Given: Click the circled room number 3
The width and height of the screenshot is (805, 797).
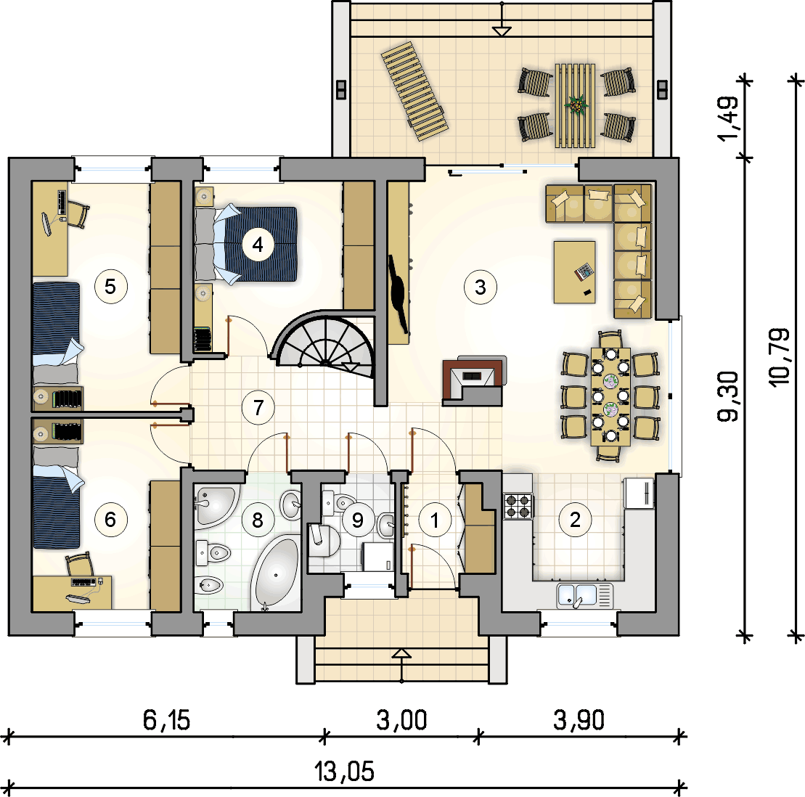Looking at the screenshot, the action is tap(480, 287).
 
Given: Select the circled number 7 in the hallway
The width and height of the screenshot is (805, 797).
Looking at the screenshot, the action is tap(258, 408).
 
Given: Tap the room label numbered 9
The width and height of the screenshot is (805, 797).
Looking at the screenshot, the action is tap(357, 520).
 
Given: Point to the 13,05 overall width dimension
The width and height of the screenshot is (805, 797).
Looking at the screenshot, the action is tap(345, 772).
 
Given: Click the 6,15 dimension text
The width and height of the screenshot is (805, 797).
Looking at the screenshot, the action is tap(166, 719).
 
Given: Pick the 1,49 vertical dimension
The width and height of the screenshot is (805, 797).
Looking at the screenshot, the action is tap(729, 118).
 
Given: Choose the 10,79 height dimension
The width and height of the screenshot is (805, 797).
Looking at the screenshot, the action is tap(780, 357).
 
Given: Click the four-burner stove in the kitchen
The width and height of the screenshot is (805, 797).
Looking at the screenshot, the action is tap(518, 505).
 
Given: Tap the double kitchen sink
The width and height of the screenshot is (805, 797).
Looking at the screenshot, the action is tap(585, 596).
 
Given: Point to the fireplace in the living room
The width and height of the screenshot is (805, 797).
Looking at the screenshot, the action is tap(473, 380).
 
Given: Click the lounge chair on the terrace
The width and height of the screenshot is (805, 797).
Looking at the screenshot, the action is tap(414, 91).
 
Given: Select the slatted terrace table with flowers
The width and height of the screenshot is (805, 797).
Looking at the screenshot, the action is tap(576, 105).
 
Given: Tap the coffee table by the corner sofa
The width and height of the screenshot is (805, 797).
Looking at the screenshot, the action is tap(575, 272).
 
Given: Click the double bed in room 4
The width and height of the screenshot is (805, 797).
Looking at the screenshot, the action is tap(246, 244).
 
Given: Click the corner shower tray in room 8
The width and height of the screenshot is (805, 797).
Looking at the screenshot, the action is tap(215, 505).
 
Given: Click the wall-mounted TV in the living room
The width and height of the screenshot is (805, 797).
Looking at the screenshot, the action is tap(399, 294).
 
